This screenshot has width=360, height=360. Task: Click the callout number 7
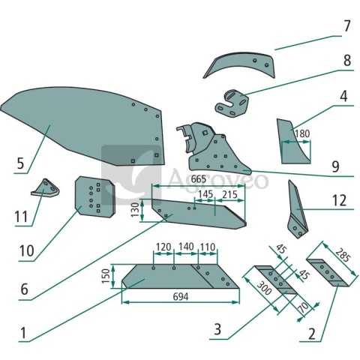(x=346, y=26)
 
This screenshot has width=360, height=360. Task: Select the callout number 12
(x=339, y=200)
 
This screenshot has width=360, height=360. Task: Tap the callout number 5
(x=20, y=163)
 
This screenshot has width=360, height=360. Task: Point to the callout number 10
(x=27, y=250)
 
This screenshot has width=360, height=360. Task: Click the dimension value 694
(x=181, y=297)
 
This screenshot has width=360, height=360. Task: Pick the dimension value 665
(x=199, y=179)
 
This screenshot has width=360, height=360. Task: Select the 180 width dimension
(x=302, y=133)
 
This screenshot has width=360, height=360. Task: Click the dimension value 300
(x=264, y=288)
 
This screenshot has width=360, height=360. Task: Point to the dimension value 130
(x=135, y=210)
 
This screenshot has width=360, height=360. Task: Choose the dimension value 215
(x=229, y=194)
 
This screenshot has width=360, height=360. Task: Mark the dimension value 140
(x=186, y=247)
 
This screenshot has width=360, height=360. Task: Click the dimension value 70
(x=304, y=307)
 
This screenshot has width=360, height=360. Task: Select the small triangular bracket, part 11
(x=45, y=189)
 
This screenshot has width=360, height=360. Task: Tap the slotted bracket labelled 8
(x=232, y=103)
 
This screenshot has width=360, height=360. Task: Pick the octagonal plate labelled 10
(x=94, y=197)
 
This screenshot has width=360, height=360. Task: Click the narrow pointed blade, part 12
(x=297, y=210)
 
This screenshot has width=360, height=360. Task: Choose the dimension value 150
(x=106, y=276)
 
